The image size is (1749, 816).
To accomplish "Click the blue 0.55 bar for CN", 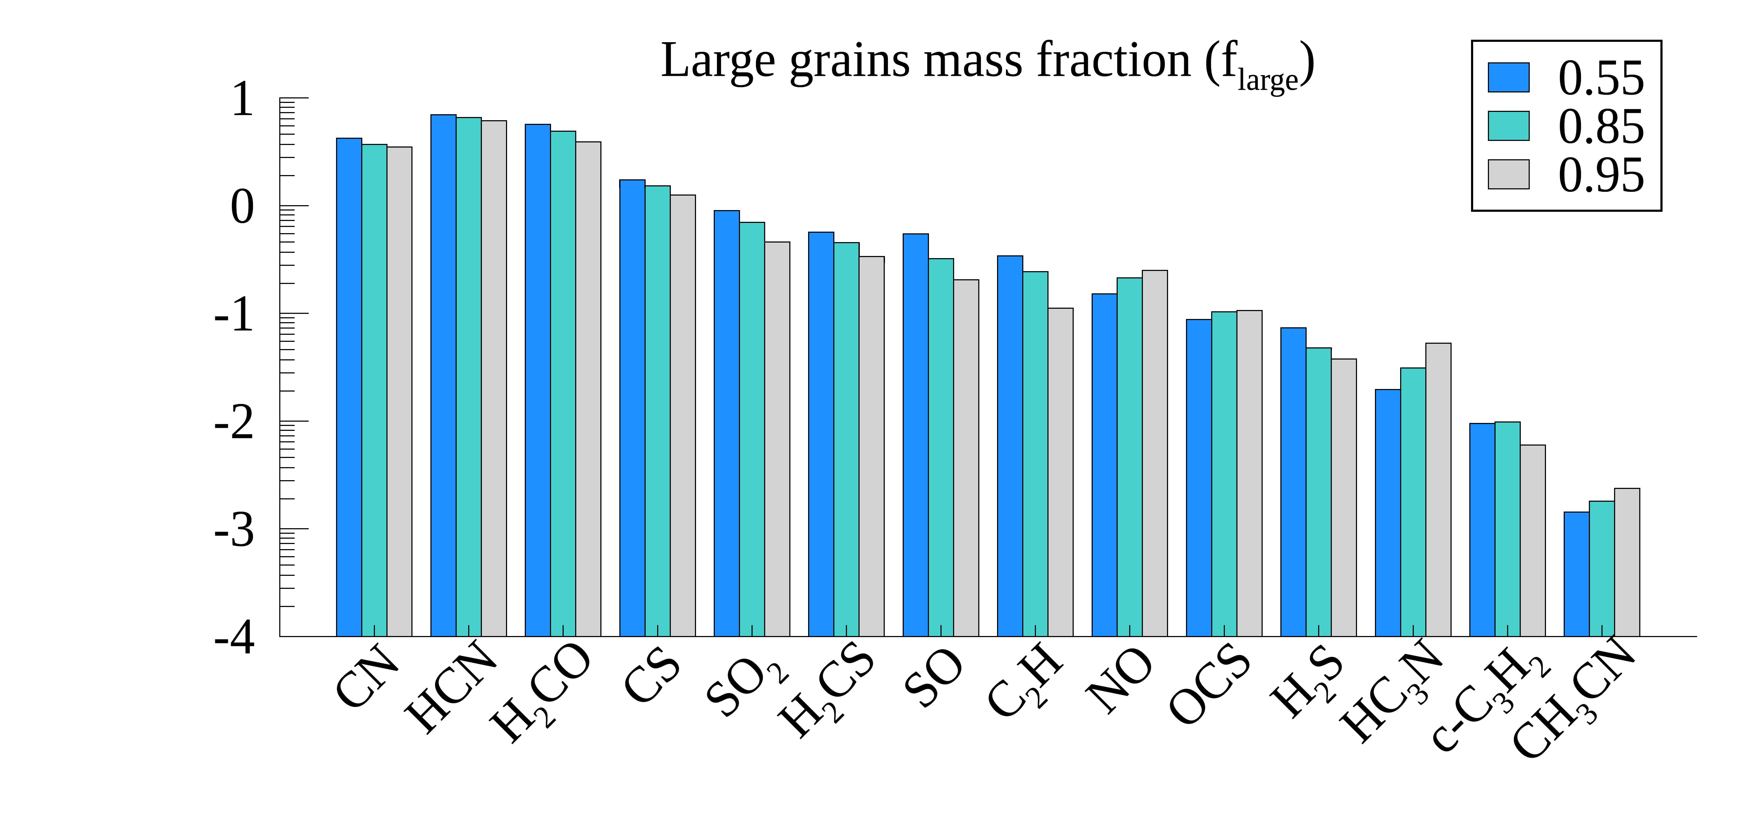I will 349,387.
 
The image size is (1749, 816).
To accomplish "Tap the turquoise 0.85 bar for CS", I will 657,411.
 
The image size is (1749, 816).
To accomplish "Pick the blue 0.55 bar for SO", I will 915,434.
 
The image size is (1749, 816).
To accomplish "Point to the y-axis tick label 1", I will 242,100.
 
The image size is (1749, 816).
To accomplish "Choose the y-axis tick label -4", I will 234,638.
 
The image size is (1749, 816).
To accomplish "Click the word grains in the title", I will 849,61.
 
